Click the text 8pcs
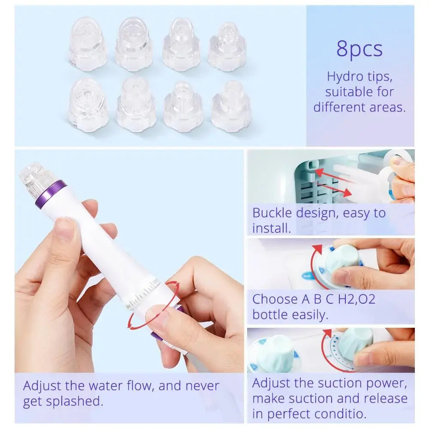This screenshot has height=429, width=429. point(359,49)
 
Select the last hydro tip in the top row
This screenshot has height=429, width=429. point(227,47)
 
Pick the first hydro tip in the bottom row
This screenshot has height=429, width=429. point(88,105)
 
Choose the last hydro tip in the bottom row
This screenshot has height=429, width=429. point(230,106)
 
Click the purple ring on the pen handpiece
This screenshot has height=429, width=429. point(51,194)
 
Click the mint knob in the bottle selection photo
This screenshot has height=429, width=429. point(342,260)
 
